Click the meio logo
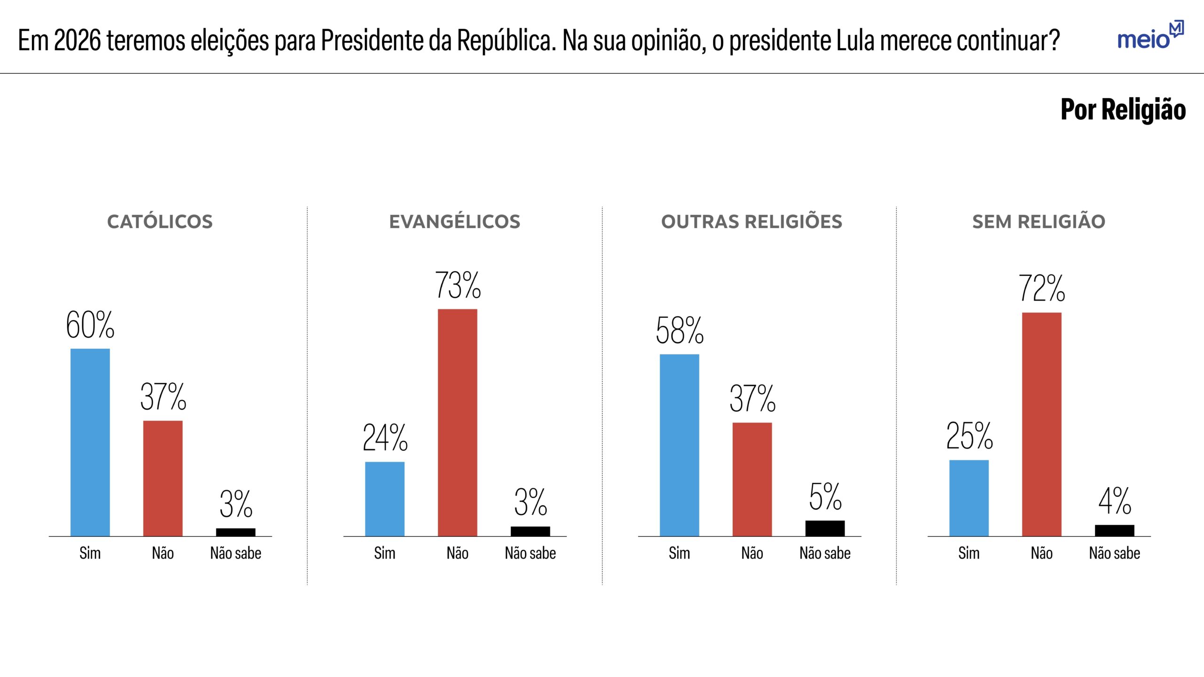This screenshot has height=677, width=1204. click(1149, 36)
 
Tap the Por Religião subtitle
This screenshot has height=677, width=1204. click(1123, 110)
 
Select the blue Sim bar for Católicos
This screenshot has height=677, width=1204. click(90, 442)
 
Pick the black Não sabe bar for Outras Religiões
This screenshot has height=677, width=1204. click(824, 528)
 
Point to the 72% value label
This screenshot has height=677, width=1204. click(1042, 288)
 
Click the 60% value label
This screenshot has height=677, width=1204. click(90, 325)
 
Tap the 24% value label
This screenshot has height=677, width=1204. click(385, 438)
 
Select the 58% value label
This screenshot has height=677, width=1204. click(679, 331)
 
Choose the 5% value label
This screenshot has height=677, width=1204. click(825, 497)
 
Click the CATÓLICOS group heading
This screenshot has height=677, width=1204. click(160, 222)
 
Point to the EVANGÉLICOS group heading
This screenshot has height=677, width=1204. click(454, 222)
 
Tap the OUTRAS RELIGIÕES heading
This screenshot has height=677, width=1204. click(752, 222)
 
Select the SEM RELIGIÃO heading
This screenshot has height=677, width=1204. click(1038, 222)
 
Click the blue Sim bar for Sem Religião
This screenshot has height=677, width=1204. click(969, 498)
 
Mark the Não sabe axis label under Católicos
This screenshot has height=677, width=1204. click(236, 553)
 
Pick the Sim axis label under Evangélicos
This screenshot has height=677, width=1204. click(385, 553)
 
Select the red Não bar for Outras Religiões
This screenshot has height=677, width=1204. click(752, 479)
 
